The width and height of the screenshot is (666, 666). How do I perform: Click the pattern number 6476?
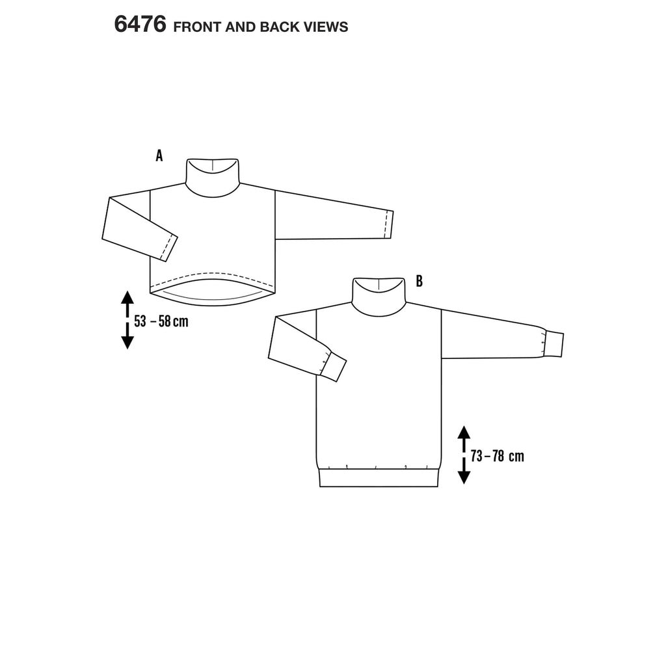click(x=140, y=24)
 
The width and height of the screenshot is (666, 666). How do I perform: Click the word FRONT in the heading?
click(x=198, y=27)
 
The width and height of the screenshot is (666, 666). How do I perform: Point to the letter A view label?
click(x=159, y=156)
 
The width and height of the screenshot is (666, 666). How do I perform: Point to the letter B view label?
click(x=420, y=282)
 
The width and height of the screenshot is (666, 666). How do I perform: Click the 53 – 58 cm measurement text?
click(x=161, y=321)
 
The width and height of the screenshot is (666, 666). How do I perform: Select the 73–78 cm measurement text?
click(x=498, y=456)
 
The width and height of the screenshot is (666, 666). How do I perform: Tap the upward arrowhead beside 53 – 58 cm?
click(x=127, y=297)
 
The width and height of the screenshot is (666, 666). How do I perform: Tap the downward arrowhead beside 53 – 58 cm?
click(x=127, y=342)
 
